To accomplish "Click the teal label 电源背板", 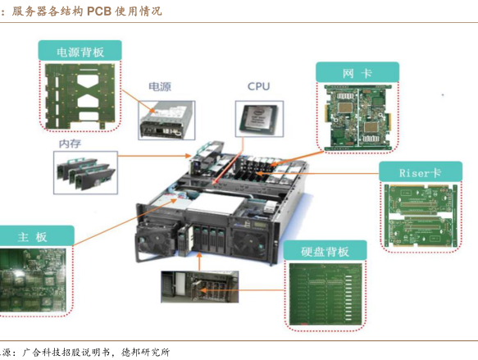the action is [80, 51].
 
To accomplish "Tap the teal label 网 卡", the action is [357, 72].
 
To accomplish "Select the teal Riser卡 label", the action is [421, 172].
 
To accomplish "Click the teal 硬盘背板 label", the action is [325, 251].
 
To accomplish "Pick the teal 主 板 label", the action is [33, 235].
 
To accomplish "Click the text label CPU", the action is [259, 86].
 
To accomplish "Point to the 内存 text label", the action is [71, 144].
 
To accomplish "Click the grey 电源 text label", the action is [160, 87].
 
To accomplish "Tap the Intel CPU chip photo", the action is [259, 119].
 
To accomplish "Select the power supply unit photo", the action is [166, 121].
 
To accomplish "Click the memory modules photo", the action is [85, 172].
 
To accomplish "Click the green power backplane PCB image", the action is [80, 96].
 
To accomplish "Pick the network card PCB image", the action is [357, 117].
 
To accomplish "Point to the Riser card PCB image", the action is [421, 216].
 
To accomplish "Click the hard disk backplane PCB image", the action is [325, 294].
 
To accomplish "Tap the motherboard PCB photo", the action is [33, 280].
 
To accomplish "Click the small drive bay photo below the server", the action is [200, 286].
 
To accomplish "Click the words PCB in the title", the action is [99, 11].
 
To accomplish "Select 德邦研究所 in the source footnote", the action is [145, 352].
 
